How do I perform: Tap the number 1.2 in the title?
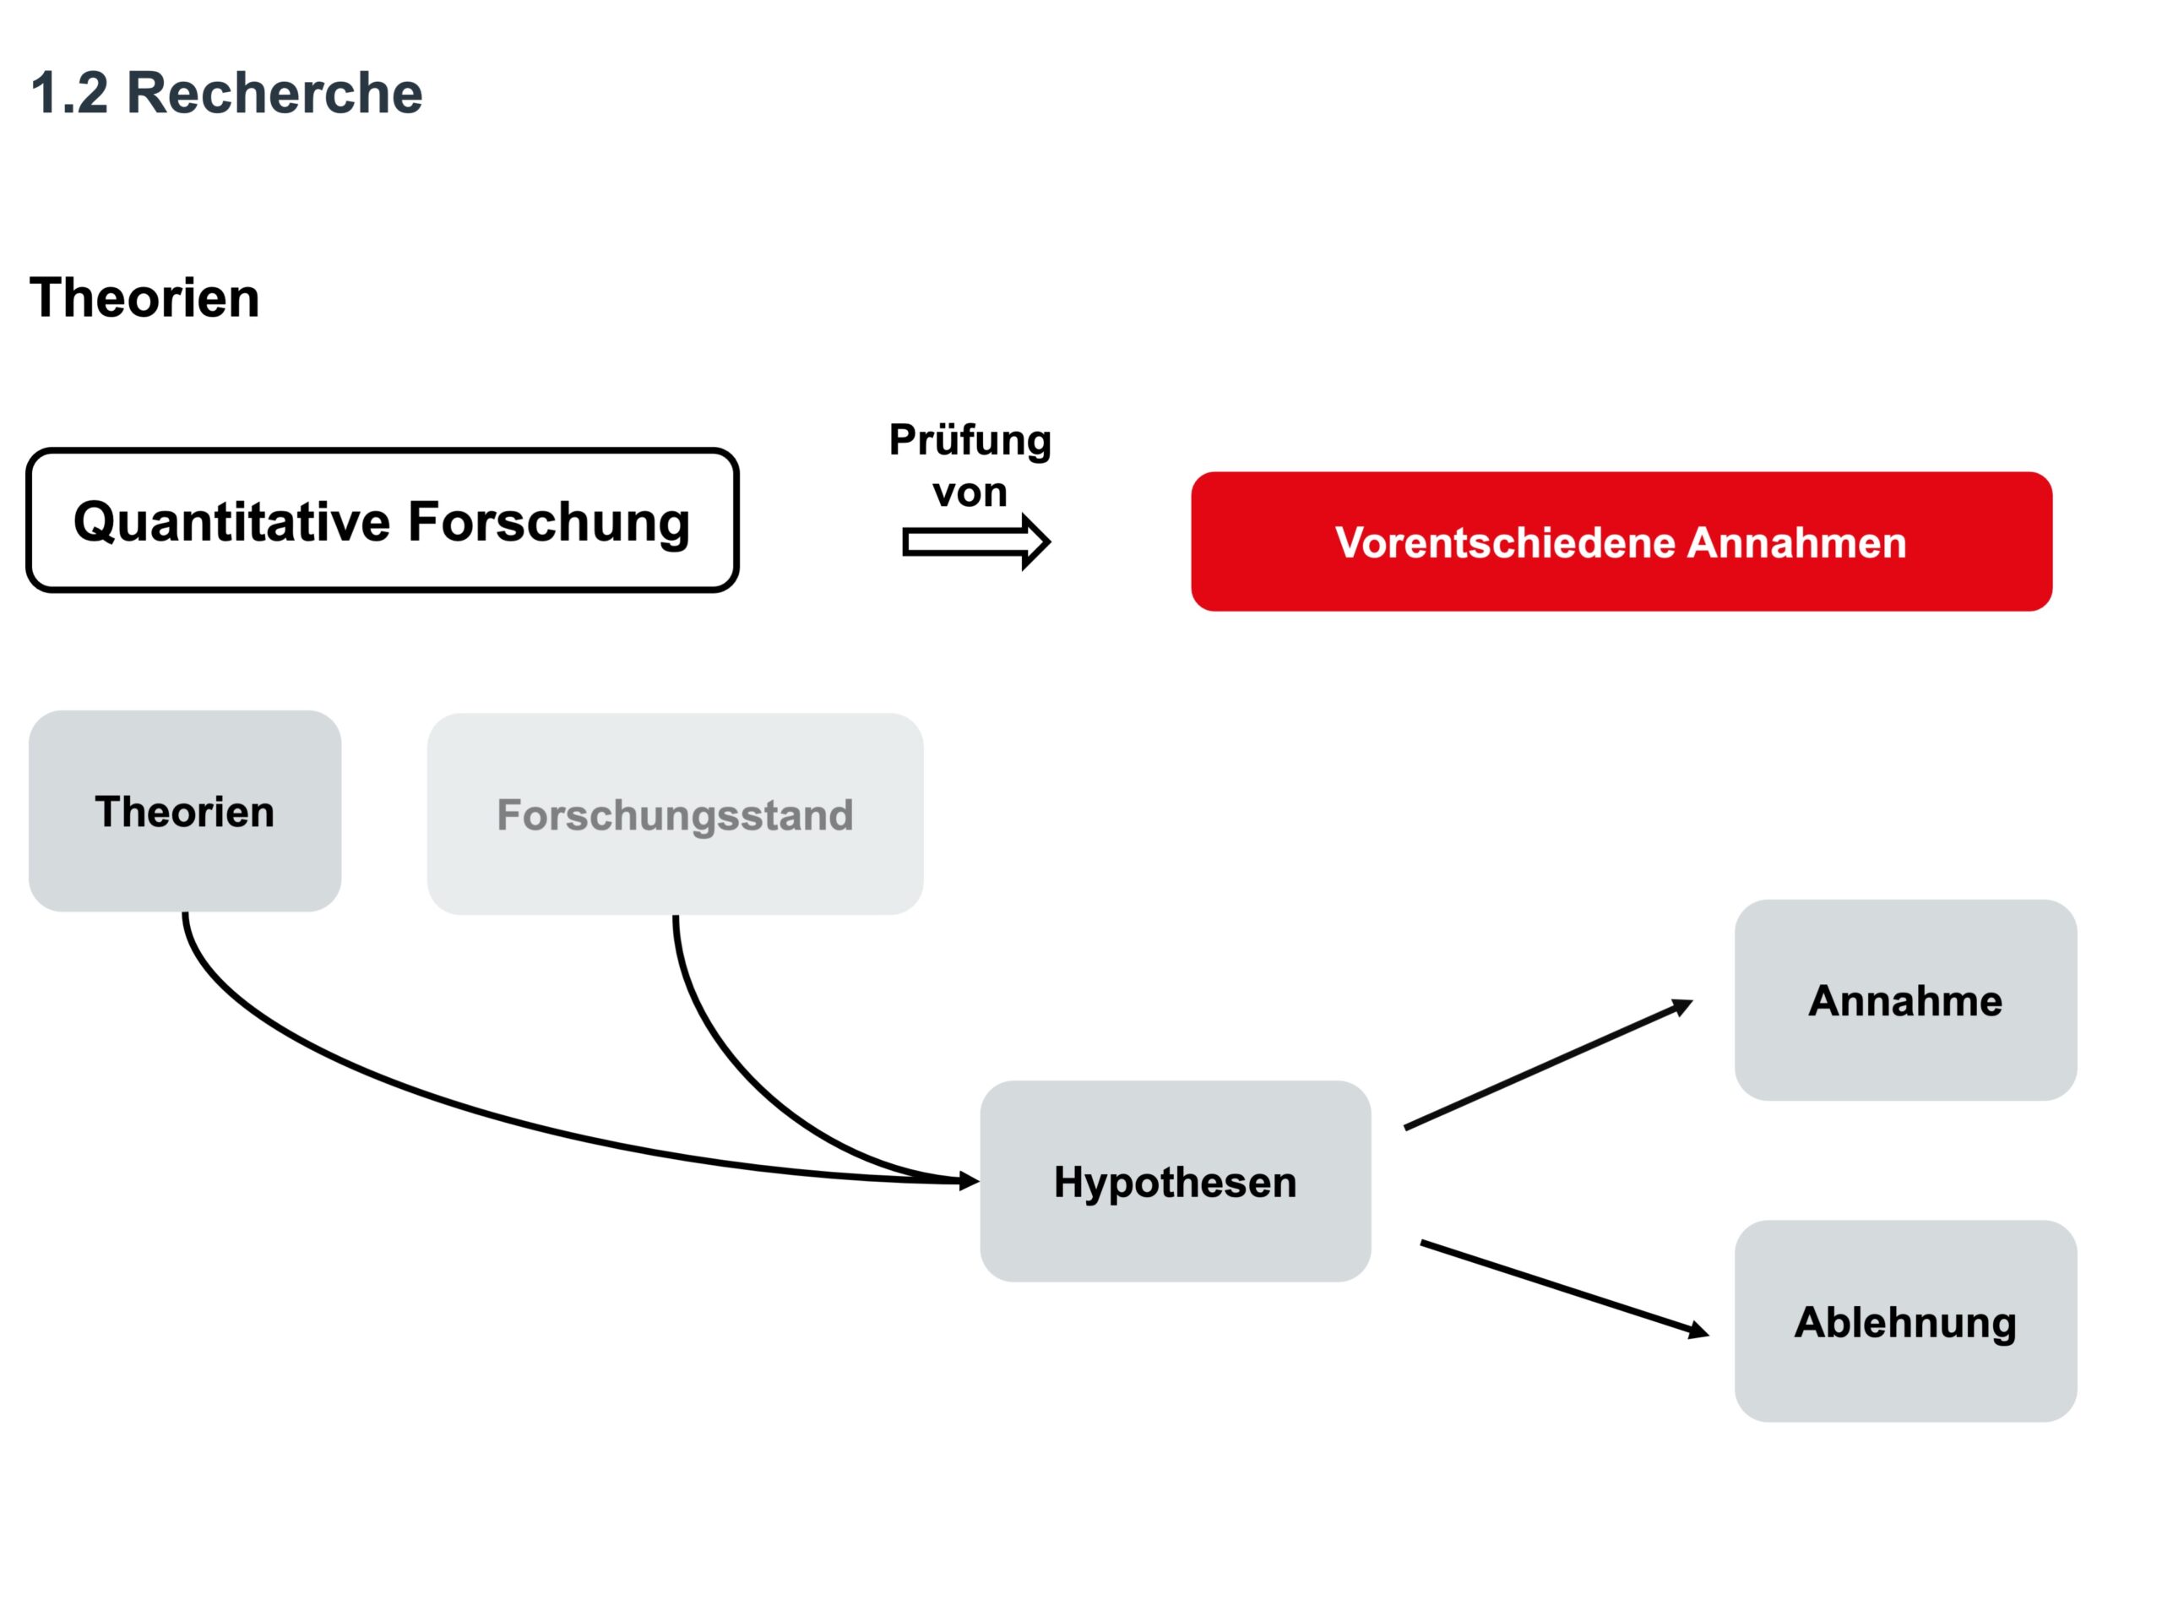click(68, 94)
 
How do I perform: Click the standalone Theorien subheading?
click(144, 298)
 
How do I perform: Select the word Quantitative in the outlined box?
click(231, 521)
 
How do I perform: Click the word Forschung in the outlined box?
click(548, 521)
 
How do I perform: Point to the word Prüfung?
click(970, 441)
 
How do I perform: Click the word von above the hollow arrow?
click(970, 492)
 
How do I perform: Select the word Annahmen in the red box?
click(1796, 542)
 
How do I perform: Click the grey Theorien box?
click(185, 812)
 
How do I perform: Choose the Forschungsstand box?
click(675, 814)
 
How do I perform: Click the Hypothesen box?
click(1175, 1182)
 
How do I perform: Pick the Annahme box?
click(1905, 1000)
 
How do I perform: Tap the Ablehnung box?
click(1905, 1322)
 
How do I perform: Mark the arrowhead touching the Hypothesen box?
click(969, 1182)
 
